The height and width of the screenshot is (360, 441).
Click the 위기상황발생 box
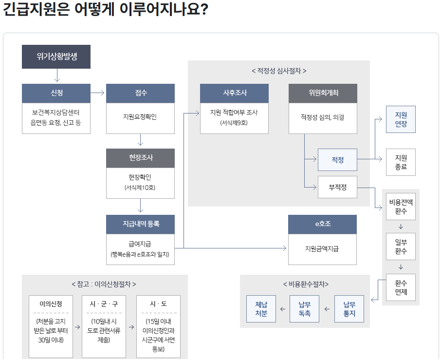[x=57, y=57]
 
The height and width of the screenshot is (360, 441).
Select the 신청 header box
[x=57, y=93]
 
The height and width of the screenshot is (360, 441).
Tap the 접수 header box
[x=141, y=93]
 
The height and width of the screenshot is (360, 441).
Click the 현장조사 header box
[x=141, y=158]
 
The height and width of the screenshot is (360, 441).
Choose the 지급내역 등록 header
[x=141, y=224]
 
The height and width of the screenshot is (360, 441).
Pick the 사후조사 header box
[x=234, y=93]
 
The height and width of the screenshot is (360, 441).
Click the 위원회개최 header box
[x=323, y=93]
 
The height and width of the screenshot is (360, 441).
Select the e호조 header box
[x=322, y=224]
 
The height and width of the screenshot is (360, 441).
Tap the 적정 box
[x=337, y=159]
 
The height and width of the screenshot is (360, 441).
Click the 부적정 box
[x=337, y=187]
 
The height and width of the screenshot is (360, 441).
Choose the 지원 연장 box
[x=401, y=119]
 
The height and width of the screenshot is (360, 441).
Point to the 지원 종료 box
[x=401, y=162]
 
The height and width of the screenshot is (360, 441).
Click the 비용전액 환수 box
[x=401, y=207]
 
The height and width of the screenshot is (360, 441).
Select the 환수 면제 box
[x=401, y=287]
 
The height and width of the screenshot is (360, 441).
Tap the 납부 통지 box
[x=349, y=309]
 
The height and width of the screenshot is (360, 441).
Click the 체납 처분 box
[x=261, y=309]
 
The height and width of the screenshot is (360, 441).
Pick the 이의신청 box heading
[x=50, y=304]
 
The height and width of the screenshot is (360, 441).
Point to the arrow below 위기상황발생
[x=57, y=76]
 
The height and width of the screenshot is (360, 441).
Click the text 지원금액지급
[x=322, y=249]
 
